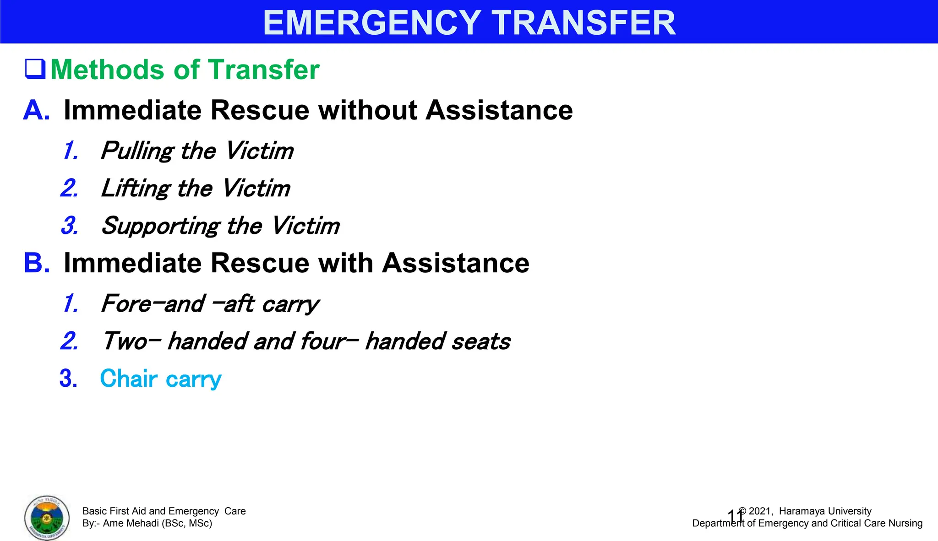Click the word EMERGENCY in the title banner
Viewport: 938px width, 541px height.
pyautogui.click(x=371, y=23)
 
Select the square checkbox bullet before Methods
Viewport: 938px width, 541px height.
pyautogui.click(x=35, y=69)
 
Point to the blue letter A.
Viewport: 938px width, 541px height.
pyautogui.click(x=36, y=110)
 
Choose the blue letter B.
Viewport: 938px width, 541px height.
pyautogui.click(x=36, y=263)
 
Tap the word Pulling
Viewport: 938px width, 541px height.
pyautogui.click(x=136, y=151)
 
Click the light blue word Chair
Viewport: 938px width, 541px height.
pyautogui.click(x=129, y=379)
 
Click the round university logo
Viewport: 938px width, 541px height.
pyautogui.click(x=47, y=518)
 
